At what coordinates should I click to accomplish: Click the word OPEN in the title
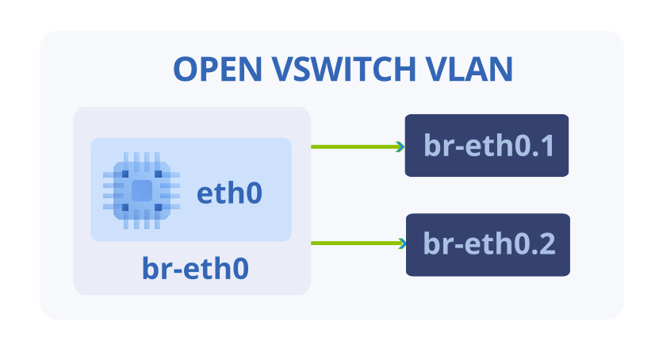point(218,69)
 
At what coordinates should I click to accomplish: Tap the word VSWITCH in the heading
point(344,69)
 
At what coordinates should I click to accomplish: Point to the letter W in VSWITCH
point(320,69)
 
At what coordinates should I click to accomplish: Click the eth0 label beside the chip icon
point(229,193)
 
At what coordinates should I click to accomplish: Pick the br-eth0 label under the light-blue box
point(195,269)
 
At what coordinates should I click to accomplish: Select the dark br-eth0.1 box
point(487,145)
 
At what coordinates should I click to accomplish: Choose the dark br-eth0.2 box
point(488,245)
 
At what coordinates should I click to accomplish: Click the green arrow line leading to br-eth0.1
point(358,147)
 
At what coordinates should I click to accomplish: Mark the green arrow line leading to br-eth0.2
point(358,243)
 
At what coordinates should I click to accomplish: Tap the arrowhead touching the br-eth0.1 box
point(400,147)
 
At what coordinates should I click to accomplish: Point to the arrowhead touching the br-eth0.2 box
point(401,243)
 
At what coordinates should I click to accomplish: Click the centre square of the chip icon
point(142,191)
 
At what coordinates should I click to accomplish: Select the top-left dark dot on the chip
point(125,174)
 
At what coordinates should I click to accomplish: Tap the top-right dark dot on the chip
point(159,174)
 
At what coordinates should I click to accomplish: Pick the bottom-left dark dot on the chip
point(125,207)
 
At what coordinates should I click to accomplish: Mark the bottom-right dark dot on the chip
point(159,207)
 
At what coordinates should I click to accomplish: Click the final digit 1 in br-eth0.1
point(546,146)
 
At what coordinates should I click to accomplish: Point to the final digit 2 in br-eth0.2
point(548,244)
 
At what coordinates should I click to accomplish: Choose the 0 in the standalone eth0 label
point(255,193)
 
